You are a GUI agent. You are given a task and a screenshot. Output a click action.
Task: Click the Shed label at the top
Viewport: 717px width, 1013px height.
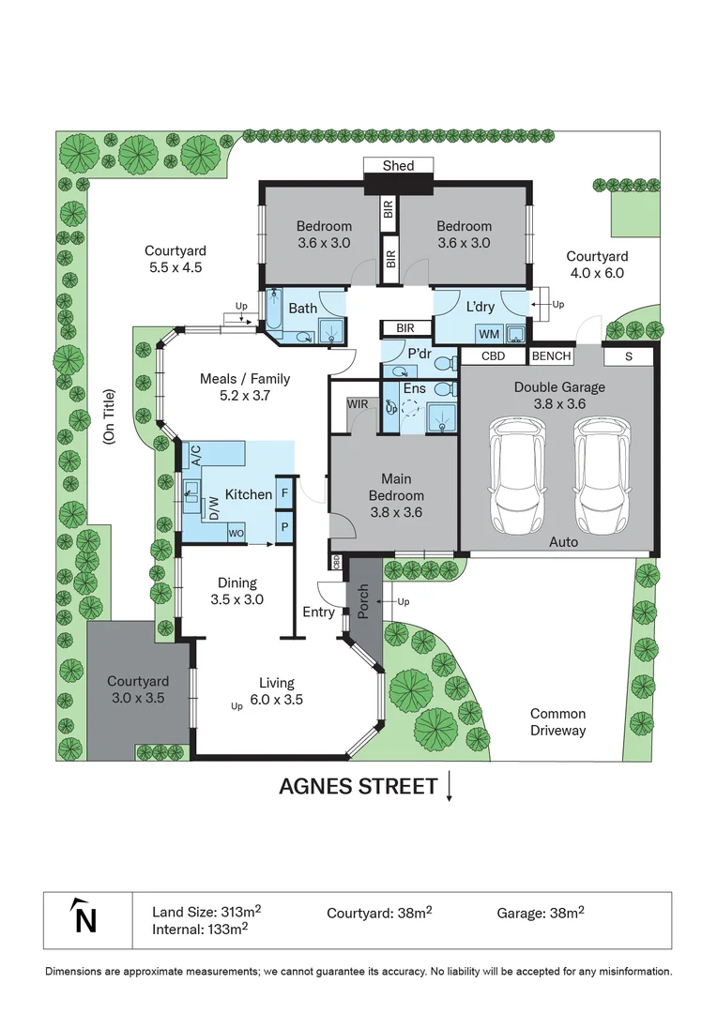(x=398, y=166)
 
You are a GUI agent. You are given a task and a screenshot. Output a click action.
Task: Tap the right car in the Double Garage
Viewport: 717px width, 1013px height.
(x=602, y=475)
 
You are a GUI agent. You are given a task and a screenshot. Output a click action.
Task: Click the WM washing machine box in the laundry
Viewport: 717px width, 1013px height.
(x=489, y=334)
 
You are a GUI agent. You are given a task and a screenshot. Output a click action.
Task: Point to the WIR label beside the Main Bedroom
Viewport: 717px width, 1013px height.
(x=357, y=404)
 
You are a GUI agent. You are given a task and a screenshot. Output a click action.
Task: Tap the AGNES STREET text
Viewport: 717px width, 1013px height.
(x=358, y=786)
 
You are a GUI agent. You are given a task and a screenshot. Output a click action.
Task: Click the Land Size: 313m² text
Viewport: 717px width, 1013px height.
(x=206, y=912)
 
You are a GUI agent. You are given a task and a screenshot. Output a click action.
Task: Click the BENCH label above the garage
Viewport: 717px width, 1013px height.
(x=551, y=356)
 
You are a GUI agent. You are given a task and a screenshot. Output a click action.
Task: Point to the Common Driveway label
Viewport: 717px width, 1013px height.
(x=557, y=722)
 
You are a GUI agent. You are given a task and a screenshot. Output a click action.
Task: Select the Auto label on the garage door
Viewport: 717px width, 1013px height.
(x=563, y=542)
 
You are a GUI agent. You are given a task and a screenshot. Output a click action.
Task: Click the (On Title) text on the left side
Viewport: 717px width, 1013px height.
(x=109, y=416)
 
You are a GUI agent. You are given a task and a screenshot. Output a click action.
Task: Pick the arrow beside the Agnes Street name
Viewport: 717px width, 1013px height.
(x=450, y=786)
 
